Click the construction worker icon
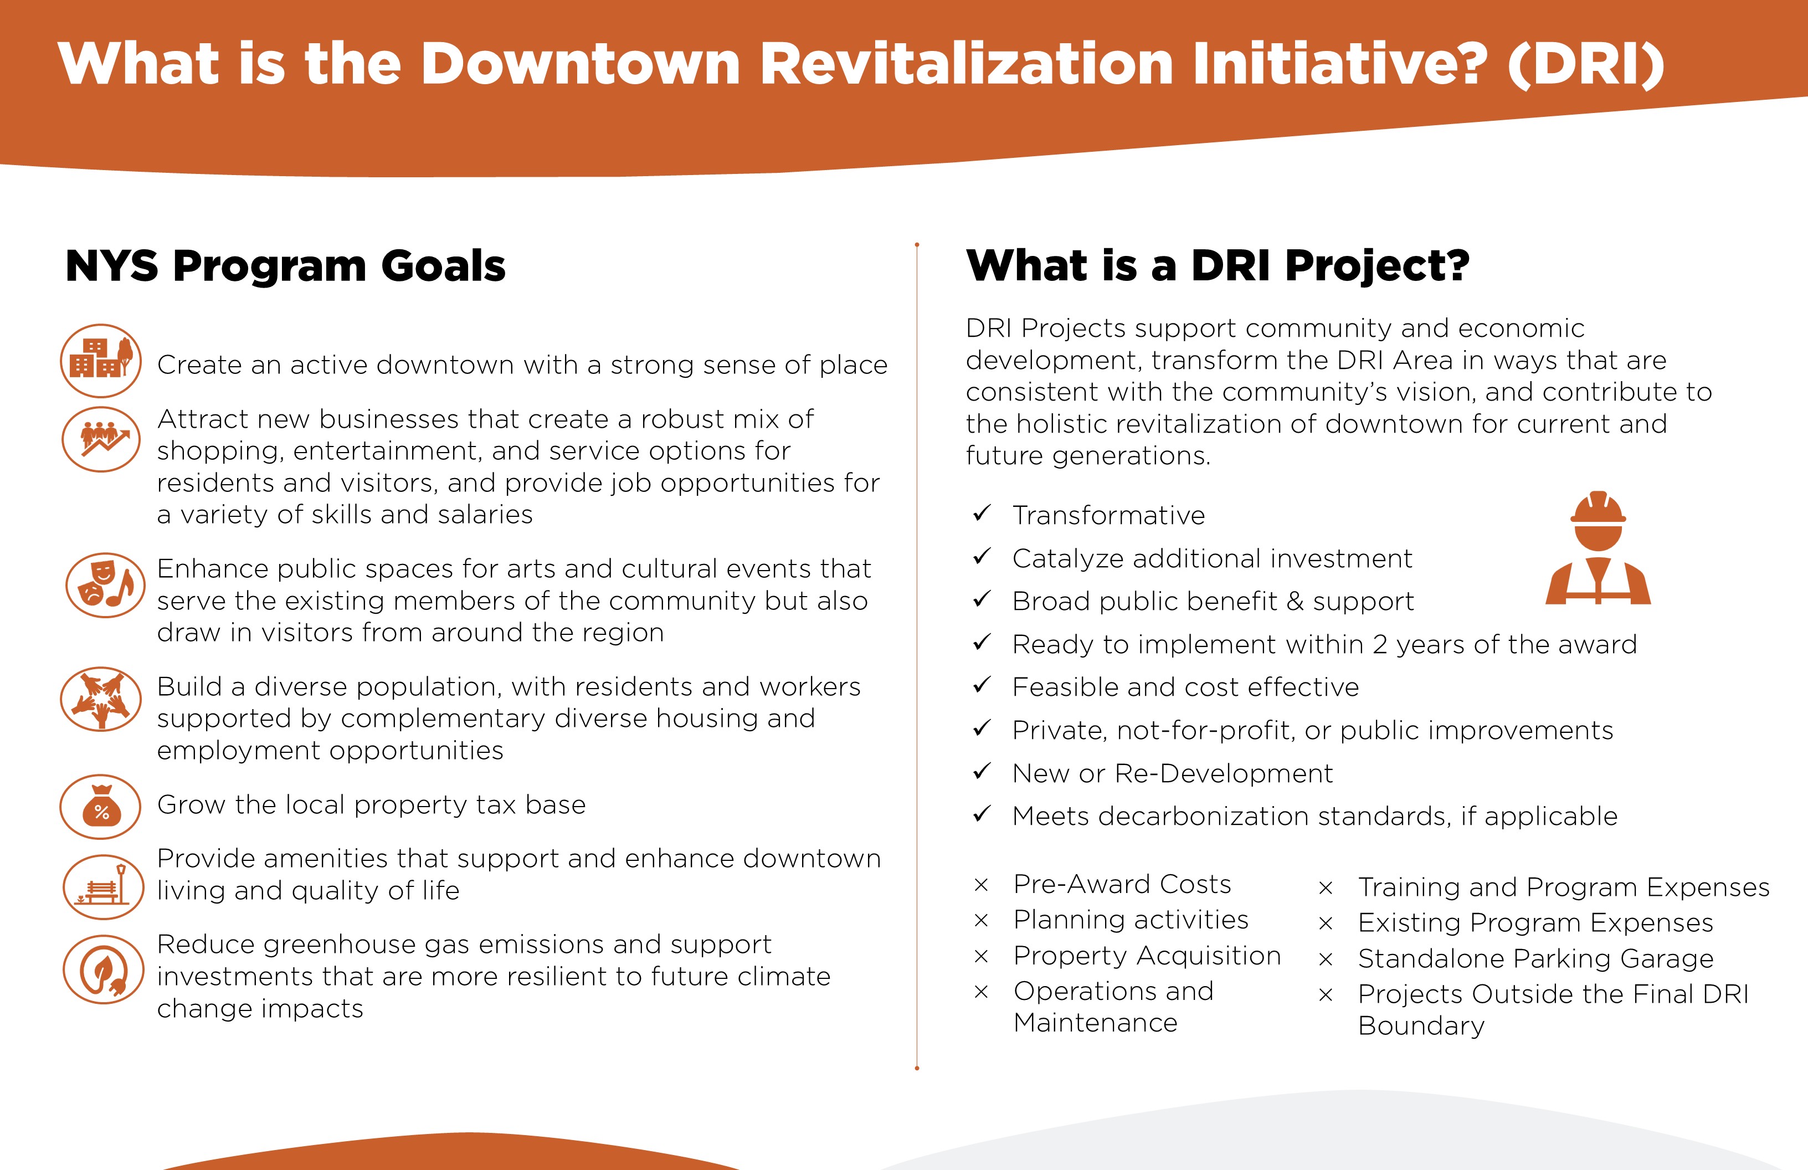tap(1598, 548)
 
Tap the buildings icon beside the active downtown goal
tap(101, 361)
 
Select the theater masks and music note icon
tap(105, 585)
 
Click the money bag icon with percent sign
tap(101, 807)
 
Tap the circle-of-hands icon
tap(101, 699)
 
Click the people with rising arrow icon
tap(101, 439)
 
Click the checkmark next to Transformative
tap(982, 514)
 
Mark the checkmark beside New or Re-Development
tap(982, 772)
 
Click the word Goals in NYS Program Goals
tap(443, 266)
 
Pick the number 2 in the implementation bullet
tap(1380, 645)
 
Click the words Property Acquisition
tap(1147, 956)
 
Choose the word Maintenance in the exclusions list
tap(1096, 1023)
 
